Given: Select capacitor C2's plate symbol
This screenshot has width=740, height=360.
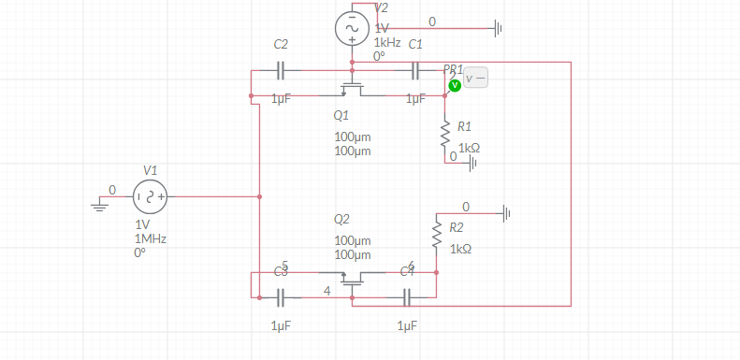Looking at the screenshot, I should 282,70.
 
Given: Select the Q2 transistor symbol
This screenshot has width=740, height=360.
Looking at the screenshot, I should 352,278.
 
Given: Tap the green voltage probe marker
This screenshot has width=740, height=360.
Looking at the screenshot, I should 454,85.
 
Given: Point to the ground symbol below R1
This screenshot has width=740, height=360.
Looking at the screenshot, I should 472,164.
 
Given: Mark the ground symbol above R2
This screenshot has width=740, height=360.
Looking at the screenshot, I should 505,213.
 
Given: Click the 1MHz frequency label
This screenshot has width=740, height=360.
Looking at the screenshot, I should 151,239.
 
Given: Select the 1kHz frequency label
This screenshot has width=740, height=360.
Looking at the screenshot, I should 387,43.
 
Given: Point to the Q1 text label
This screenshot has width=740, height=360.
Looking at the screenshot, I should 341,117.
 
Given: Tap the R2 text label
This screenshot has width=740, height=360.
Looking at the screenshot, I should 457,227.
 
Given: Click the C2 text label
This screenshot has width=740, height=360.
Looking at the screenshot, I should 281,45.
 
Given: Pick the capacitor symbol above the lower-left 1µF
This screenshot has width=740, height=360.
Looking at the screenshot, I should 282,297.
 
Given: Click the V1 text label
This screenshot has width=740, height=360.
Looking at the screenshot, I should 151,169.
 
